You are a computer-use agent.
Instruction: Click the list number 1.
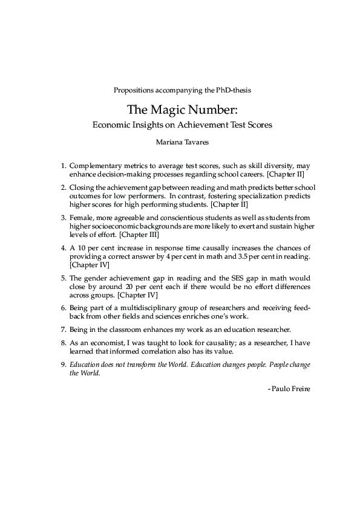[63, 165]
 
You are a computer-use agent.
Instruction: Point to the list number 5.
[63, 278]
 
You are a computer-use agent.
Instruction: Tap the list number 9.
[63, 365]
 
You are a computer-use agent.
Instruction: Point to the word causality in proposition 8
[219, 343]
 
